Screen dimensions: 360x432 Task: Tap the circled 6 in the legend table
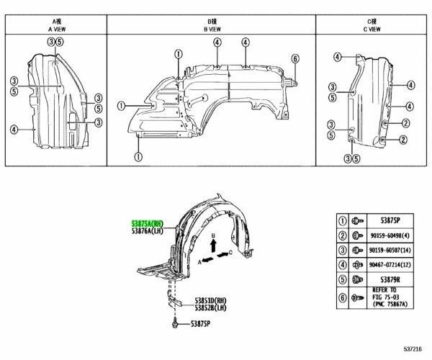click(x=343, y=297)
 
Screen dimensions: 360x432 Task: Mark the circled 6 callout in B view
click(x=294, y=58)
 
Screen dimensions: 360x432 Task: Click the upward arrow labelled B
click(x=213, y=246)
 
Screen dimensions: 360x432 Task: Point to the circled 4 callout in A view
click(x=14, y=130)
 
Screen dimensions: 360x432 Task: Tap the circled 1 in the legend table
click(x=343, y=222)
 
